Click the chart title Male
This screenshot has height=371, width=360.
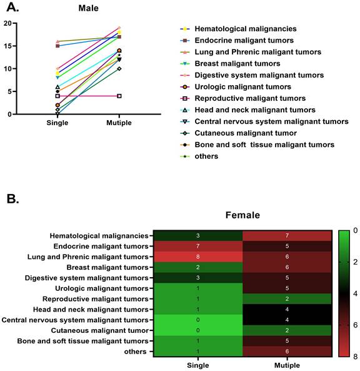tap(88, 8)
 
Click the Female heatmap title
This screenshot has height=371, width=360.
tap(242, 215)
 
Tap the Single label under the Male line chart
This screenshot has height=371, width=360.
tap(57, 123)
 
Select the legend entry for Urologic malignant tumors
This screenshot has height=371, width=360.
tap(236, 87)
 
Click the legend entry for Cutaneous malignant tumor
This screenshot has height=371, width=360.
tap(238, 133)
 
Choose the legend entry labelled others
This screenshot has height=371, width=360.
tap(199, 156)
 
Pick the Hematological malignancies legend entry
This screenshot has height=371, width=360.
tap(238, 29)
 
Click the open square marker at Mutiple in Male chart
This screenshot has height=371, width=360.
tap(119, 96)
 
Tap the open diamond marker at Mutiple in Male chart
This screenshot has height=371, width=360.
tap(119, 69)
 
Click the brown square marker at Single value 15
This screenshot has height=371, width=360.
tap(57, 46)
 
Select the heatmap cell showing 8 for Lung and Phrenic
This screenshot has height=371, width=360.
tap(198, 257)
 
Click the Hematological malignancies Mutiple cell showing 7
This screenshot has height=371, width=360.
tap(287, 236)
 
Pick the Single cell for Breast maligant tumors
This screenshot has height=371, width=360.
tap(198, 267)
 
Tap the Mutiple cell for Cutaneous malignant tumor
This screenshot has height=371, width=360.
tap(287, 330)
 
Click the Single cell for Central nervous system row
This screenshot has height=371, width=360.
tap(198, 320)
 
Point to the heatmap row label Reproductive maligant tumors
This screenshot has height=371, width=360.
tap(95, 299)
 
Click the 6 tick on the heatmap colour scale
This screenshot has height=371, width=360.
tap(355, 325)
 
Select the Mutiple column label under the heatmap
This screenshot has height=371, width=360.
tap(287, 365)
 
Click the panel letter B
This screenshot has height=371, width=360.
tap(12, 199)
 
